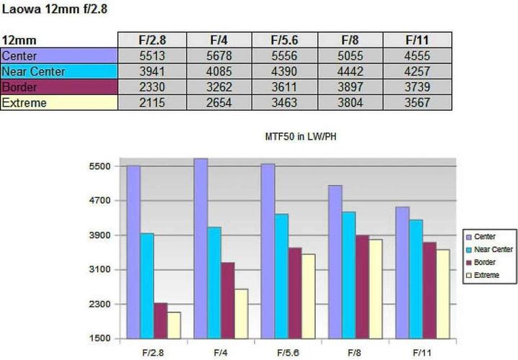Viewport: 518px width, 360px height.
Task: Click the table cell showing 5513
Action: click(152, 55)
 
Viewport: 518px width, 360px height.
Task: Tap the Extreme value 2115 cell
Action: click(152, 103)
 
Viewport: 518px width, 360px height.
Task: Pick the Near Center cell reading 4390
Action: click(284, 71)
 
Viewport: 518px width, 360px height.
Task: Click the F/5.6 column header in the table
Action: click(284, 40)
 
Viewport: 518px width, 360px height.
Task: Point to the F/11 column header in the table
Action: click(417, 40)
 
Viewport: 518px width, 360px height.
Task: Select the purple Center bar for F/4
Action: click(201, 248)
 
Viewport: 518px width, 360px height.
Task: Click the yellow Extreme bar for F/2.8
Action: click(173, 325)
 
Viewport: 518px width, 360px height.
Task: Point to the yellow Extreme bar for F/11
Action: click(442, 294)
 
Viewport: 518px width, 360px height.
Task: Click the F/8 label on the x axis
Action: click(354, 352)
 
